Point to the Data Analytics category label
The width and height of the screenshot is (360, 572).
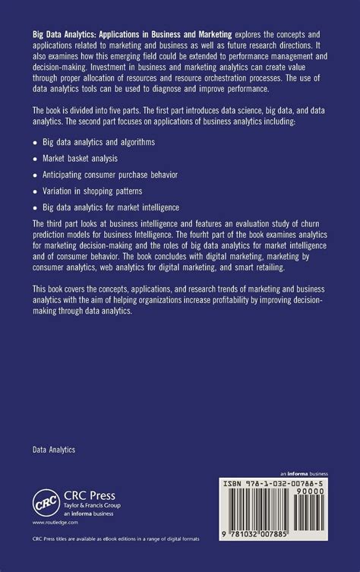click(x=54, y=450)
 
